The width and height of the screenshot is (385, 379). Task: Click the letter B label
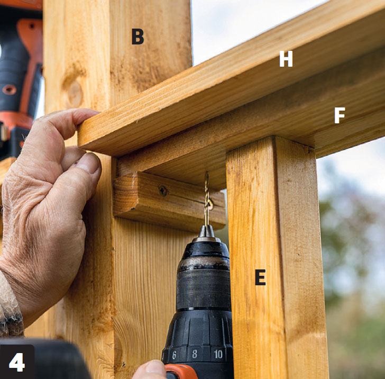click(137, 37)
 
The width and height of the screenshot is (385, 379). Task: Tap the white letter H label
click(286, 59)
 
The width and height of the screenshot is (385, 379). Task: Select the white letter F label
click(340, 115)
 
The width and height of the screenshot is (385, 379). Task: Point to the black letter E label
click(260, 277)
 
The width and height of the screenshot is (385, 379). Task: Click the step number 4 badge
click(17, 362)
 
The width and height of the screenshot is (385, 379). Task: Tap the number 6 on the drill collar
click(174, 355)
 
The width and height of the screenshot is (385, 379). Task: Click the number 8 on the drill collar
click(195, 354)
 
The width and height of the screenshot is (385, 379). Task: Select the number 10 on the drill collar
click(218, 354)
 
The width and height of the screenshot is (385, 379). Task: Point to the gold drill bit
click(207, 198)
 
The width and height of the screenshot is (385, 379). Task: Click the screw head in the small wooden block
click(163, 191)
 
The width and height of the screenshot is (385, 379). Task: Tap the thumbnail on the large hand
click(89, 162)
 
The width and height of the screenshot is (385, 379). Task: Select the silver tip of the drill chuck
click(206, 233)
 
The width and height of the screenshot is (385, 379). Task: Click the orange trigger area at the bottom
click(181, 372)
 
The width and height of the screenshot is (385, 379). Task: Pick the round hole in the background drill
click(9, 89)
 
